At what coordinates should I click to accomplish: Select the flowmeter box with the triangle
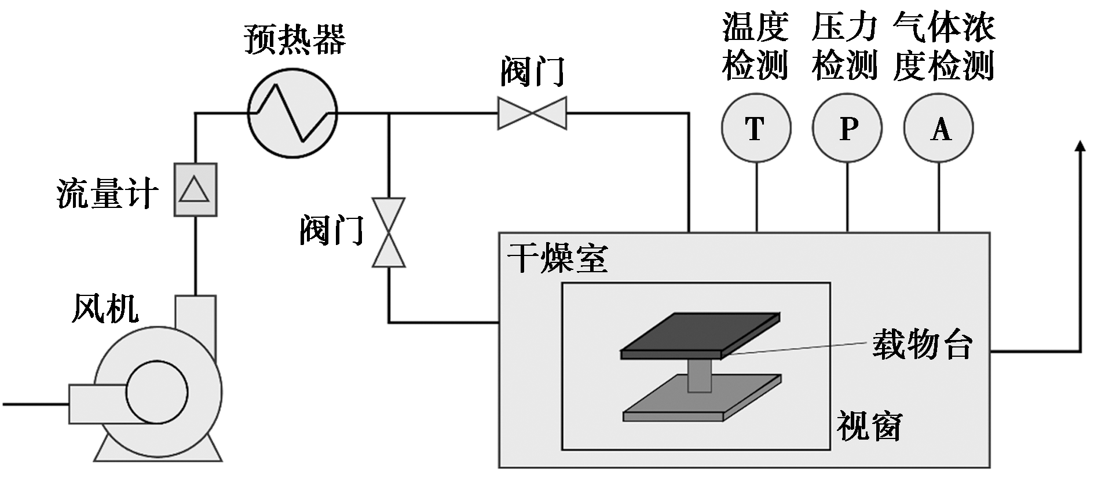pyautogui.click(x=195, y=189)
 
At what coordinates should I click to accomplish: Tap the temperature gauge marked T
pyautogui.click(x=756, y=129)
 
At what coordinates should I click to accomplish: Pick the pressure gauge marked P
pyautogui.click(x=847, y=129)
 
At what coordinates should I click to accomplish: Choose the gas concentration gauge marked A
pyautogui.click(x=938, y=129)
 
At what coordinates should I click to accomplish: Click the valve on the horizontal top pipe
pyautogui.click(x=532, y=112)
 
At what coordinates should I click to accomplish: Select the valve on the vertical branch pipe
pyautogui.click(x=389, y=232)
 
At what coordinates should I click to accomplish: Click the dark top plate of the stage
pyautogui.click(x=700, y=336)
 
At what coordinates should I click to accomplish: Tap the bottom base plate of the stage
pyautogui.click(x=702, y=397)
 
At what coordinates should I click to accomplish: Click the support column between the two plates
pyautogui.click(x=700, y=375)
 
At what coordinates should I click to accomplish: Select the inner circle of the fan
pyautogui.click(x=157, y=393)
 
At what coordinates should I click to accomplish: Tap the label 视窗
pyautogui.click(x=869, y=427)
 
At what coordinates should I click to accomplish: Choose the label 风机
pyautogui.click(x=105, y=308)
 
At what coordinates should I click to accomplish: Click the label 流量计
pyautogui.click(x=107, y=193)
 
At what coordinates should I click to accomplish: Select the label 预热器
pyautogui.click(x=295, y=39)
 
